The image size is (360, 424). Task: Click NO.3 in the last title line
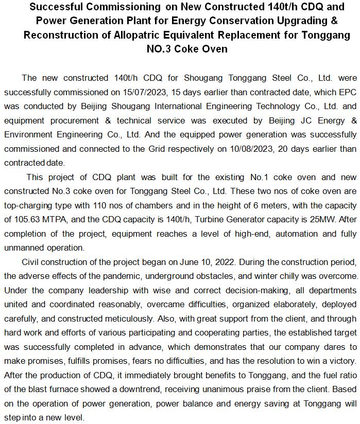[x=162, y=49]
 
